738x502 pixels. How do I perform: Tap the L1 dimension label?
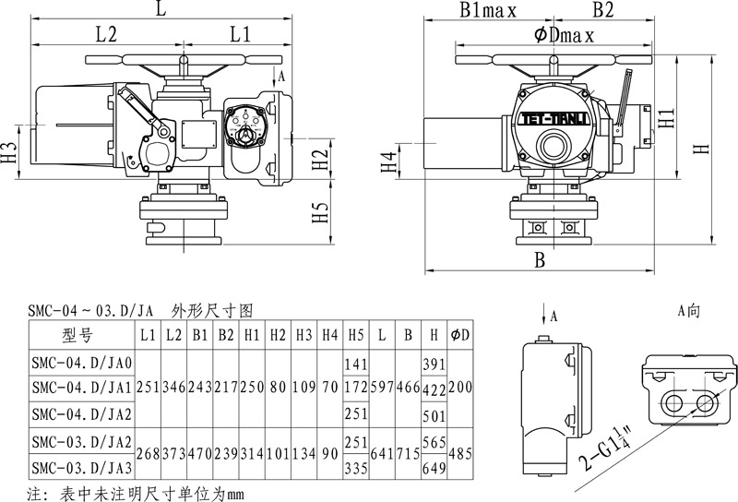pyautogui.click(x=242, y=36)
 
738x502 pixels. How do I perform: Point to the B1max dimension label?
pyautogui.click(x=487, y=11)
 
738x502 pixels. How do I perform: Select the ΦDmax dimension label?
pyautogui.click(x=563, y=36)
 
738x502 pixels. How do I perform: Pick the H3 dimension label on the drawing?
pyautogui.click(x=9, y=152)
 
